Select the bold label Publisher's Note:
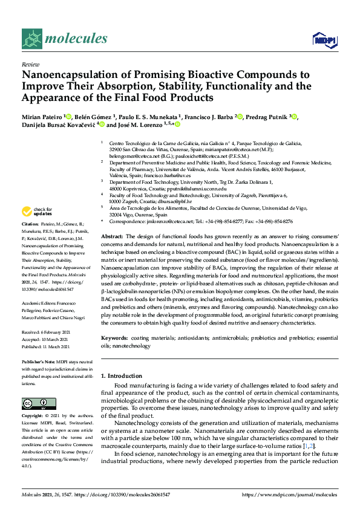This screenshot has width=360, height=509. (x=40, y=361)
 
